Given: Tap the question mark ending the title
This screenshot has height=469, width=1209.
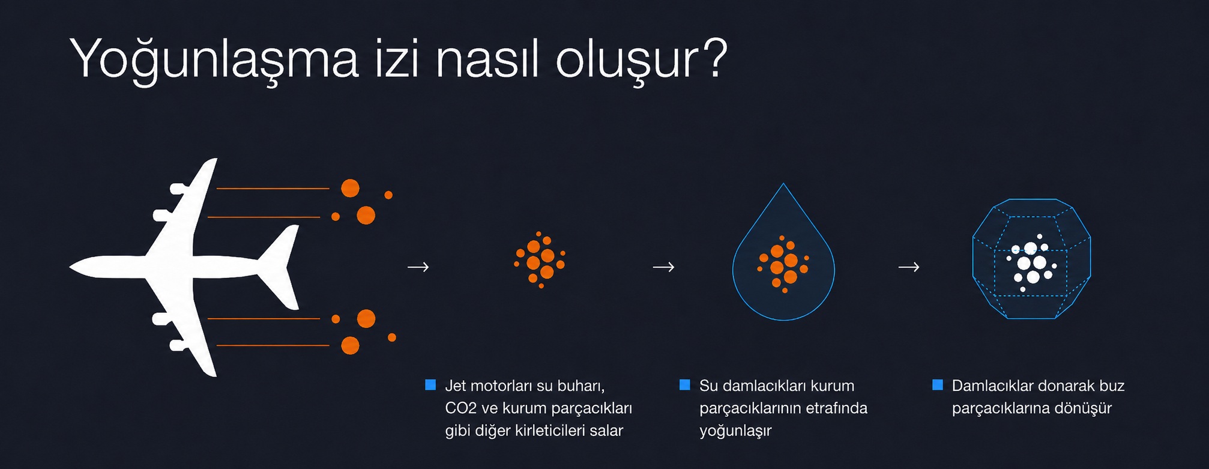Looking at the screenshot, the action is pos(714,58).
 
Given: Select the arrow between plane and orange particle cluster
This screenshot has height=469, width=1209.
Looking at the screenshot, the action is pos(418,267).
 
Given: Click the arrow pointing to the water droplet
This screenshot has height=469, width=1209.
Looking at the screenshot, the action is pos(664,267).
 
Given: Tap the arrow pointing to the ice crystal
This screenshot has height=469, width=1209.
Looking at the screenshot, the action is pos(909,267).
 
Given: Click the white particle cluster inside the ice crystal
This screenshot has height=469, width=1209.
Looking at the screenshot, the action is pos(1031,263).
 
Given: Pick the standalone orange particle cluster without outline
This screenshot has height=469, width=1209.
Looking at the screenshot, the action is pos(540,260).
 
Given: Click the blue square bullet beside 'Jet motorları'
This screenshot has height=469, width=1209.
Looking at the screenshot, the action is pos(430,385).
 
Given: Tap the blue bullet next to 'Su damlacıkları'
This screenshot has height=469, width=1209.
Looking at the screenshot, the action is pos(684,385).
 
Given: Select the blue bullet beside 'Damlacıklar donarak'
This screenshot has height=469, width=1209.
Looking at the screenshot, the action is pos(937,385).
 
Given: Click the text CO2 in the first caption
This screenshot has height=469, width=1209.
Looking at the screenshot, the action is pos(461,408).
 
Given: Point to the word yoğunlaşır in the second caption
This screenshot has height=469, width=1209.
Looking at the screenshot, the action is pos(735,431).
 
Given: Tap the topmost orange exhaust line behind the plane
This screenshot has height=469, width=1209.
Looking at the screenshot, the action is pos(273,189).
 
